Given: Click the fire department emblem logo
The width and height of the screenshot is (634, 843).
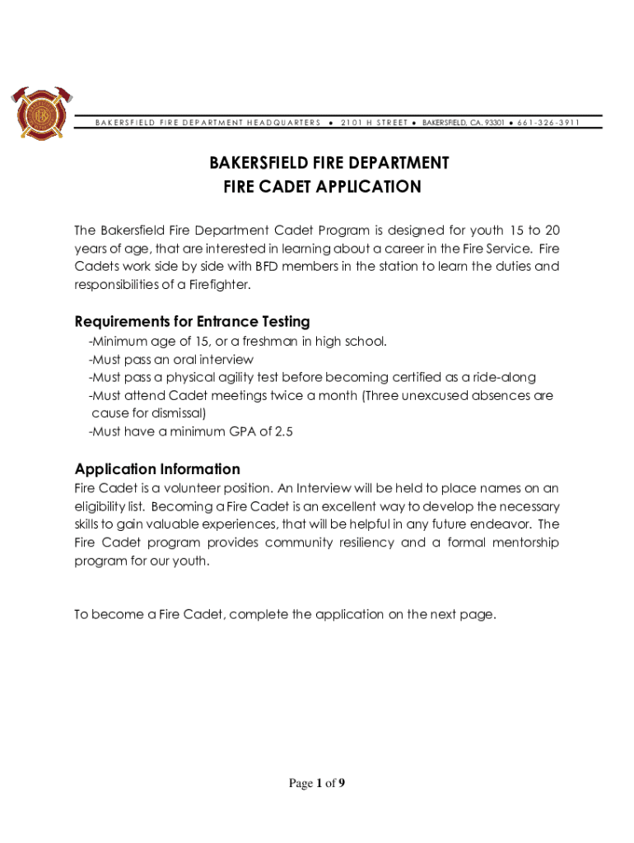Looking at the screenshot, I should click(38, 113).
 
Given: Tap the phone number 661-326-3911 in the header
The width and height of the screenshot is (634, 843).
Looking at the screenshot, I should click(549, 123).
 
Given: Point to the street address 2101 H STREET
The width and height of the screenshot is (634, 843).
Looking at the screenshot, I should click(374, 123).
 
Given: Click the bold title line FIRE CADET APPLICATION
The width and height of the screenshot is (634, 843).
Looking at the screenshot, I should click(322, 187).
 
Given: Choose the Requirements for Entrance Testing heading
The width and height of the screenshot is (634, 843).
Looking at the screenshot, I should click(192, 321).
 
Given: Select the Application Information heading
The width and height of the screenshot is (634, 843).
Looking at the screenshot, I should click(157, 469).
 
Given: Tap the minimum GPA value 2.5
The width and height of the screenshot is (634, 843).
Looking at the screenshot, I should click(282, 431).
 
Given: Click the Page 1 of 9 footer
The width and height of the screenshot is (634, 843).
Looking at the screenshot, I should click(316, 783).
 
